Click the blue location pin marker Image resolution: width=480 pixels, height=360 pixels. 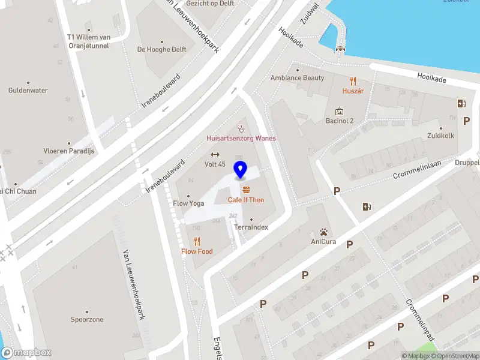tap(241, 170)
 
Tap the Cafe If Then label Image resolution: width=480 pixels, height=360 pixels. tap(246, 200)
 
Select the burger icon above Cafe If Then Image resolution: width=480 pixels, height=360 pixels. tap(246, 190)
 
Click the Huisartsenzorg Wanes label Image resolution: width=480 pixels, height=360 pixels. tap(241, 138)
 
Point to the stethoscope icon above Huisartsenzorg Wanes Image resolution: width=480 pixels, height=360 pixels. tap(241, 127)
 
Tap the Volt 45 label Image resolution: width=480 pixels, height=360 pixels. tap(215, 164)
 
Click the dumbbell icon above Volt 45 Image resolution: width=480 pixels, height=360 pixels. tap(215, 154)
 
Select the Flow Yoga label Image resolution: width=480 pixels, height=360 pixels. tap(189, 203)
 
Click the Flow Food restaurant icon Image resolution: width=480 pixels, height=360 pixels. tap(197, 241)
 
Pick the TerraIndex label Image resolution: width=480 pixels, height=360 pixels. tap(251, 227)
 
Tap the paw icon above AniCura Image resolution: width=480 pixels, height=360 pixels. tap(323, 232)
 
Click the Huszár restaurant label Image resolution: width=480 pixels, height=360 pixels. tap(353, 91)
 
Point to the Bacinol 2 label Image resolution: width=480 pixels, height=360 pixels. tap(340, 121)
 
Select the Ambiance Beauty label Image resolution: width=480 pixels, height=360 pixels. tap(297, 78)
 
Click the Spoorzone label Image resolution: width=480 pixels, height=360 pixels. tap(87, 320)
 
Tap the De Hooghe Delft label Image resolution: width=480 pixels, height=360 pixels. tap(162, 50)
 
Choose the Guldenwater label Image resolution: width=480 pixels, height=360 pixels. tap(28, 91)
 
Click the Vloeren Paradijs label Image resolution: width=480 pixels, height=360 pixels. tap(70, 151)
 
